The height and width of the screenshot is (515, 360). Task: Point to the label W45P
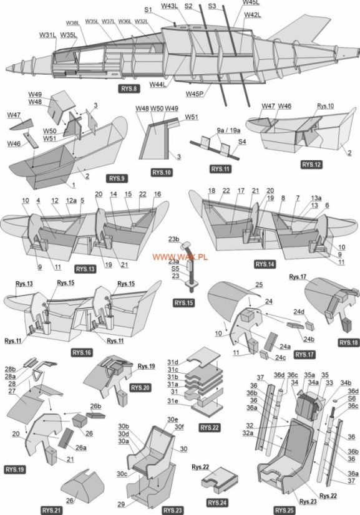point(195,94)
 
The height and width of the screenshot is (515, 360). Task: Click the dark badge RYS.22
point(212,428)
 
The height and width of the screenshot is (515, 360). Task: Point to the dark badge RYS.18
point(347,342)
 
